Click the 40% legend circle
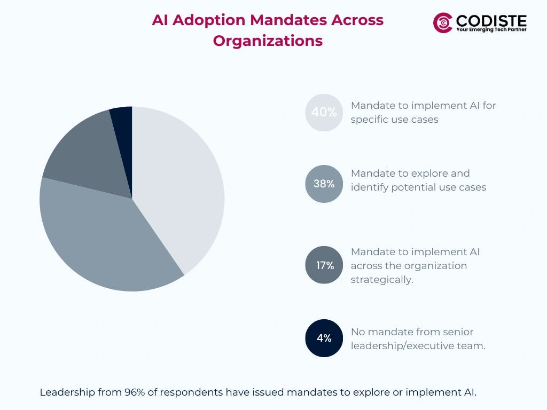pyautogui.click(x=324, y=113)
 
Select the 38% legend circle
pyautogui.click(x=324, y=184)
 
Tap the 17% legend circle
pyautogui.click(x=324, y=265)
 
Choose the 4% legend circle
pyautogui.click(x=324, y=338)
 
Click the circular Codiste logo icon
pyautogui.click(x=443, y=22)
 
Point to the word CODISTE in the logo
pyautogui.click(x=491, y=20)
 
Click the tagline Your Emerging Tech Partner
pyautogui.click(x=491, y=30)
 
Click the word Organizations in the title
pyautogui.click(x=268, y=41)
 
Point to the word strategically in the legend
pyautogui.click(x=381, y=280)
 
